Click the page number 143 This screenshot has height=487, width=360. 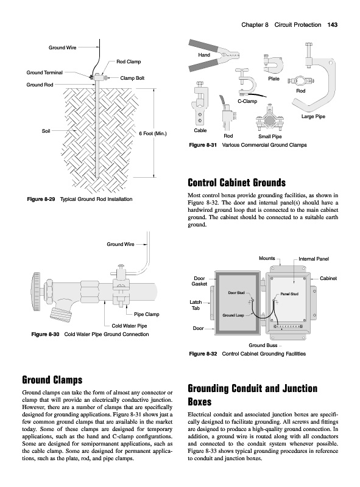pyautogui.click(x=333, y=25)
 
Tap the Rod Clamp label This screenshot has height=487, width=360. pyautogui.click(x=129, y=61)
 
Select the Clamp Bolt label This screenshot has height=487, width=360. pyautogui.click(x=132, y=78)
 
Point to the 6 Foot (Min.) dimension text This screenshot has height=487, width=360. pyautogui.click(x=153, y=133)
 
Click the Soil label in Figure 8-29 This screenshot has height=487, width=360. pyautogui.click(x=46, y=131)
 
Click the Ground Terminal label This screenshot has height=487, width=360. pyautogui.click(x=44, y=72)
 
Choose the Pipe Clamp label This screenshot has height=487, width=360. pyautogui.click(x=146, y=314)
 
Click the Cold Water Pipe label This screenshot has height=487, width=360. pyautogui.click(x=129, y=326)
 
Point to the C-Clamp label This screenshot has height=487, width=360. pyautogui.click(x=247, y=101)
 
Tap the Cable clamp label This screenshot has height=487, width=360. pyautogui.click(x=200, y=130)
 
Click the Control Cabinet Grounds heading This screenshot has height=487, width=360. pyautogui.click(x=236, y=182)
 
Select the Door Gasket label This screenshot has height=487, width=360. pyautogui.click(x=199, y=281)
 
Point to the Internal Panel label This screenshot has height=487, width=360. pyautogui.click(x=314, y=259)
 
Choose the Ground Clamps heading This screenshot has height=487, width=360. pyautogui.click(x=52, y=379)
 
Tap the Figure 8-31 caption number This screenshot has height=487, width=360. pyautogui.click(x=203, y=145)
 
